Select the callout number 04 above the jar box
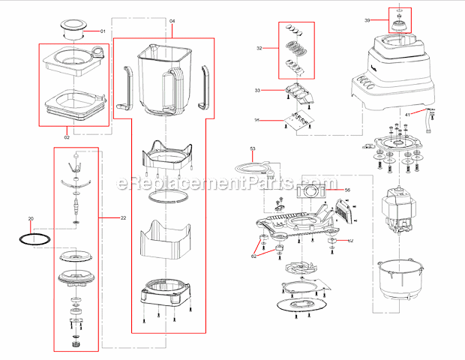pyautogui.click(x=172, y=19)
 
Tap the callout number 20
pyautogui.click(x=31, y=219)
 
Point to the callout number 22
pyautogui.click(x=123, y=217)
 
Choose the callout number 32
pyautogui.click(x=259, y=48)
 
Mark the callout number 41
pyautogui.click(x=408, y=114)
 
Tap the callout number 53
pyautogui.click(x=253, y=149)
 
